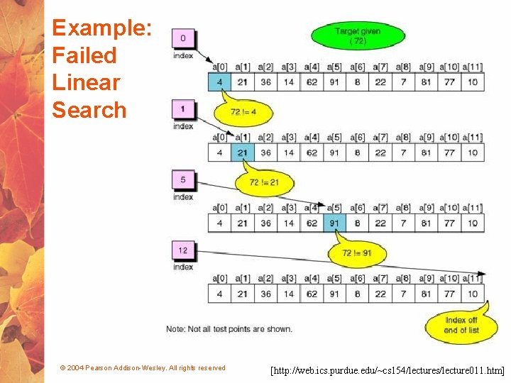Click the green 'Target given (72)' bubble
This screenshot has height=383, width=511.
pos(358,35)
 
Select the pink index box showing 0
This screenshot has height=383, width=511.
pos(184,39)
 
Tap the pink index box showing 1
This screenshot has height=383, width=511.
pos(184,110)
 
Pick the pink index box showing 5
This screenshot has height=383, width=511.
pos(184,180)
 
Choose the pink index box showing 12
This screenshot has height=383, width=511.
pos(184,250)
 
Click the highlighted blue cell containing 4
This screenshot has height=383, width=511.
pos(219,82)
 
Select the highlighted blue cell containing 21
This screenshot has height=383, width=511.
pos(242,152)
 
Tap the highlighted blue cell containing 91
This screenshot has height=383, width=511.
pos(334,223)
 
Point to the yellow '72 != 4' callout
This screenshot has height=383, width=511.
pos(244,111)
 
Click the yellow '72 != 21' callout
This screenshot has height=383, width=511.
pos(264,182)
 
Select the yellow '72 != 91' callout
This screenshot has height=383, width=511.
pos(357,253)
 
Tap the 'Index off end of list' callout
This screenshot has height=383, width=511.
pos(460,326)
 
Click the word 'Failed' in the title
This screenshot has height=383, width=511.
pos(84,55)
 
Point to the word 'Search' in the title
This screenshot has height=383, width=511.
pos(89,110)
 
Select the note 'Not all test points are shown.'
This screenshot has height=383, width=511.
pos(229,328)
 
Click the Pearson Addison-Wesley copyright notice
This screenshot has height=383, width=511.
pos(143,368)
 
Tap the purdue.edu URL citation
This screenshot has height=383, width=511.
pos(388,370)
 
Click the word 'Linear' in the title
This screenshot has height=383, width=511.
pos(86,82)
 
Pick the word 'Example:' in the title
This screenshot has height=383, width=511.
pos(101,28)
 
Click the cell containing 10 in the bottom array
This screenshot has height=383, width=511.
pos(473,294)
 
